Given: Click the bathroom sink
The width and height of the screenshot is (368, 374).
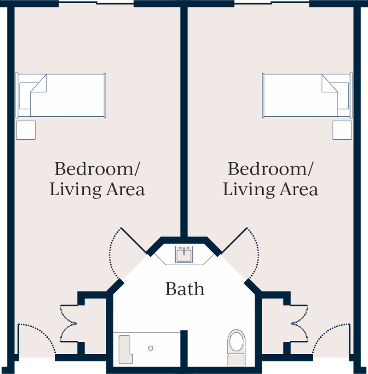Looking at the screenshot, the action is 184,254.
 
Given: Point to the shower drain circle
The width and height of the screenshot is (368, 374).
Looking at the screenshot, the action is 150,348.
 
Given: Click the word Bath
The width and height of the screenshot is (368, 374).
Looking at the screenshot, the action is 185,289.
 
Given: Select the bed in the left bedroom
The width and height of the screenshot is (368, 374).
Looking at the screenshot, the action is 61,96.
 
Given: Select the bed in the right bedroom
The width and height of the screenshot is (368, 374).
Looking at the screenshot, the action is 307,96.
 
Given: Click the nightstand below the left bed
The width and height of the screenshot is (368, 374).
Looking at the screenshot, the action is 26,130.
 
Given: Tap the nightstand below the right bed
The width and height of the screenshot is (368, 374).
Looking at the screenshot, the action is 342,130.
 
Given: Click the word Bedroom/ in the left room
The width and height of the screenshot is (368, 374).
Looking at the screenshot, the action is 97,169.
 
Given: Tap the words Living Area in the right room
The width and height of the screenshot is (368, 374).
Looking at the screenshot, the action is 270,189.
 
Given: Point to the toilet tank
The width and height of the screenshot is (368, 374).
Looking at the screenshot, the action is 236,360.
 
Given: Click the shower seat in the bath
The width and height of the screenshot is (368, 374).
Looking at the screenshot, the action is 126,350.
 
